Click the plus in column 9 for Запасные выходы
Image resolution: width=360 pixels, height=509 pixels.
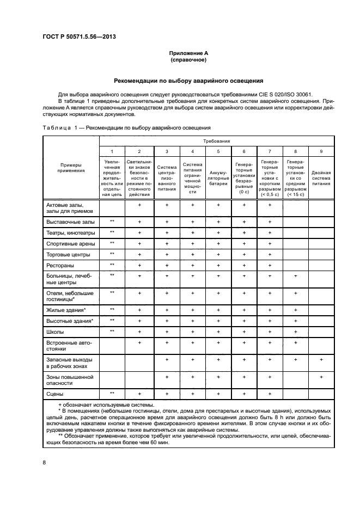(321, 360)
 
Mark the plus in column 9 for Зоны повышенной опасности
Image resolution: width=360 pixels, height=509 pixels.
(321, 377)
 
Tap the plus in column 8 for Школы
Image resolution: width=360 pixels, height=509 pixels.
(295, 332)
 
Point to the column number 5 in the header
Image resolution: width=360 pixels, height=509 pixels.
(218, 151)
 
